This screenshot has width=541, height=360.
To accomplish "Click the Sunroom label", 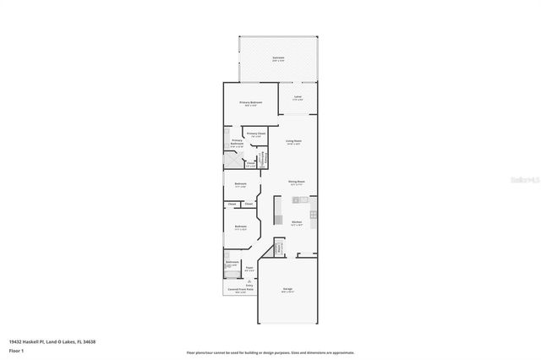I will point(277,58).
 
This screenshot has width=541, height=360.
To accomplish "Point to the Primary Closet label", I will point(255,134).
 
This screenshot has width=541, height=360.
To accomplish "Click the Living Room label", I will point(294,141).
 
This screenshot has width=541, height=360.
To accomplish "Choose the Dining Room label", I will point(295,182).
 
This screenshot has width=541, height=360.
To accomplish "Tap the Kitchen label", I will point(297,223).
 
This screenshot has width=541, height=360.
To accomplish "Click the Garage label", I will point(287,290).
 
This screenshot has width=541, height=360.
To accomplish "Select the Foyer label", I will point(249,268).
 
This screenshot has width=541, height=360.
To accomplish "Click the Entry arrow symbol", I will point(249,281).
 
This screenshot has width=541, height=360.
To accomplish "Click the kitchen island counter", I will point(300,199).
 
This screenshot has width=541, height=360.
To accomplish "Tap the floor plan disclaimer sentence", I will point(270,352).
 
